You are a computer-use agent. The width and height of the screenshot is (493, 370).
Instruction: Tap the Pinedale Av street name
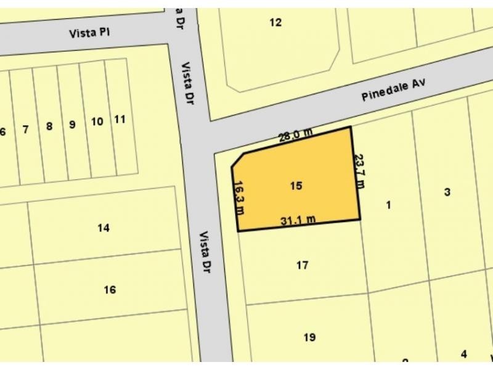point(394,91)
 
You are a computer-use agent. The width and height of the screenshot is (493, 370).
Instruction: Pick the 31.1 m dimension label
point(298,220)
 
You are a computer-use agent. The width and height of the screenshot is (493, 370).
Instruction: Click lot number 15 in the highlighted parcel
point(296,185)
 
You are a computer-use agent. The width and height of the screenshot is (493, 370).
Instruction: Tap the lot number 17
point(302,266)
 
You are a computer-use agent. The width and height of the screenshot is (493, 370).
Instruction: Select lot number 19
point(309,337)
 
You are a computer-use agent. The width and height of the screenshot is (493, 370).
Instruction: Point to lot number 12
point(275,23)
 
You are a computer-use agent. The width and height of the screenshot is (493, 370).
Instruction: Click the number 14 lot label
point(104,228)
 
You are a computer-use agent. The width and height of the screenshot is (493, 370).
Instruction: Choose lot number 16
point(110,290)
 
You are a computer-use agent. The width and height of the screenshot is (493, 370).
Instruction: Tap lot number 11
point(120,119)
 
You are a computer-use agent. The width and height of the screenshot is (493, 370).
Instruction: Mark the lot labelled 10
point(97,121)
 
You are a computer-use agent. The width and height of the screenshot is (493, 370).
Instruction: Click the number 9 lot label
point(72,125)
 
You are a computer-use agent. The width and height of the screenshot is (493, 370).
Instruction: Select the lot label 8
point(49,127)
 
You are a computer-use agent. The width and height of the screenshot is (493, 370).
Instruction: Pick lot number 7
point(25,129)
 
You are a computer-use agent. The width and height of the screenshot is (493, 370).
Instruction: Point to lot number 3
point(447,192)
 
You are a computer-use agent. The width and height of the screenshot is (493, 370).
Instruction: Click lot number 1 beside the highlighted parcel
point(388,205)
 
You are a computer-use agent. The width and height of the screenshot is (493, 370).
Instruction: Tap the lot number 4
point(463,354)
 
